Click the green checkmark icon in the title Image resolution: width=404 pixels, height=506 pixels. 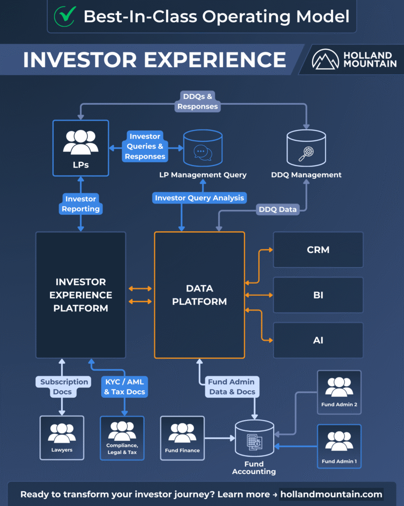coord(64,16)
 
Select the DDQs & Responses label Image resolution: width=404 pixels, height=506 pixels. coord(198,101)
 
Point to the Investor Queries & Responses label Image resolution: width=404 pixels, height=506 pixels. coord(145,146)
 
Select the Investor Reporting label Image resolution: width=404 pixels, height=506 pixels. coord(81,204)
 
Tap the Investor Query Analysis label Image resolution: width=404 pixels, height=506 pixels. coord(199,198)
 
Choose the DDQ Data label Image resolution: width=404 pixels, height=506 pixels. coord(278,210)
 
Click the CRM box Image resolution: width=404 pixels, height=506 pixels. coord(318,250)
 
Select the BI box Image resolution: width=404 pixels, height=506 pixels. coord(318,295)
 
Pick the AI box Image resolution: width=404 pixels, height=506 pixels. coord(318,340)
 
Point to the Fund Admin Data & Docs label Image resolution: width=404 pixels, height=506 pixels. coord(231,387)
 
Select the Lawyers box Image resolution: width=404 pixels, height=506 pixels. coord(62,437)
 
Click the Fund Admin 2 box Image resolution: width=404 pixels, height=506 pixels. coord(339,392)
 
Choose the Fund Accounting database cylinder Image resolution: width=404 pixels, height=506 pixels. coord(254,438)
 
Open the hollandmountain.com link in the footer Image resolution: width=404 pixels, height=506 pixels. coord(331,494)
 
